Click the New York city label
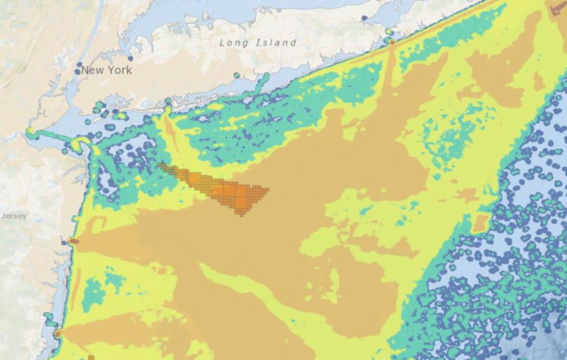(x=106, y=70)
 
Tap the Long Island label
(x=258, y=43)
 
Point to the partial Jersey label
(x=13, y=215)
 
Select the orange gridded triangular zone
(x=227, y=188)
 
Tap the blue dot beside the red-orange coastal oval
(x=64, y=242)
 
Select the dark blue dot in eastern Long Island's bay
(x=364, y=17)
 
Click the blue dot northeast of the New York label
(x=130, y=59)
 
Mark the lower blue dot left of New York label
(x=77, y=72)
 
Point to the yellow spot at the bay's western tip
(x=31, y=131)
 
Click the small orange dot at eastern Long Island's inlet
(x=391, y=41)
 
